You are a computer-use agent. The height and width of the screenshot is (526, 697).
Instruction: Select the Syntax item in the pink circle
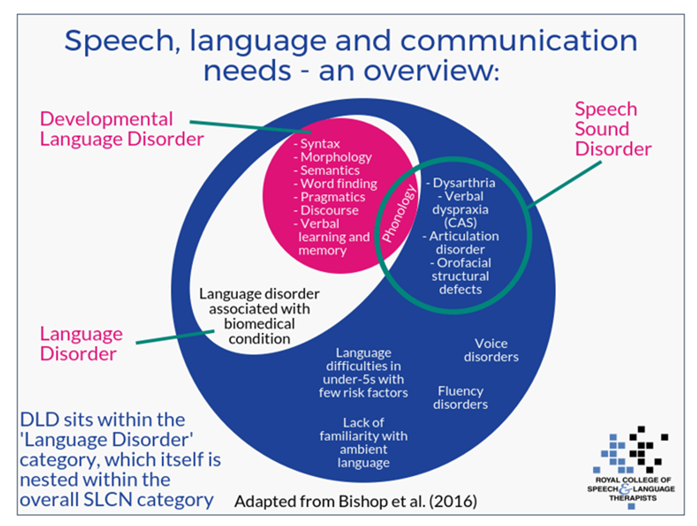[x=319, y=144]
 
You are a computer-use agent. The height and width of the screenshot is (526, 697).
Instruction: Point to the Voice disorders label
[x=491, y=350]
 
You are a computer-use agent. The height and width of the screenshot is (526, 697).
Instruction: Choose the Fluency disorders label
[x=460, y=397]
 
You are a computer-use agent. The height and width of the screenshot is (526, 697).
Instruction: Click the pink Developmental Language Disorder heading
[x=121, y=129]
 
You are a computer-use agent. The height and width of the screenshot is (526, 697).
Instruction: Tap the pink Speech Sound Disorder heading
[x=612, y=129]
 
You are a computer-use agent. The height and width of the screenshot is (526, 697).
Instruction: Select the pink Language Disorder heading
[x=81, y=343]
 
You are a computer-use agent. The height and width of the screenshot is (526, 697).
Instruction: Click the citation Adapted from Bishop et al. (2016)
[x=356, y=501]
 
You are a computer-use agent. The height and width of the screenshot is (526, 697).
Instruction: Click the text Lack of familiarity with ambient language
[x=363, y=442]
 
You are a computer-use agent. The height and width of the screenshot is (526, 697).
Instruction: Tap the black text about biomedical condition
[x=259, y=316]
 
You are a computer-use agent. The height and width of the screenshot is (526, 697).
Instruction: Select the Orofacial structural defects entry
[x=460, y=276]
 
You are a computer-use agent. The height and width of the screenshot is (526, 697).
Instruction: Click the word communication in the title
[x=518, y=41]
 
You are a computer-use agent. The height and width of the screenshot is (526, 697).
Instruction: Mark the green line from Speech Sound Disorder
[x=565, y=184]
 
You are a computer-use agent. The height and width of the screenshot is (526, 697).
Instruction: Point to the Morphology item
[x=336, y=157]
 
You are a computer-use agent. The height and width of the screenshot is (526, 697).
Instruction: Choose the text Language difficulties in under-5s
[x=363, y=372]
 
